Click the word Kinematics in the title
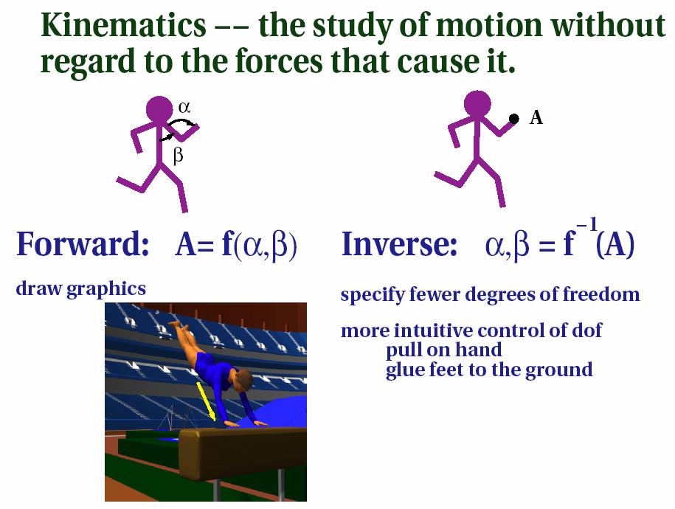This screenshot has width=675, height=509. click(123, 25)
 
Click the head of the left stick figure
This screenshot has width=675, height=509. click(159, 109)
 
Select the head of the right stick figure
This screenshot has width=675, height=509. click(477, 104)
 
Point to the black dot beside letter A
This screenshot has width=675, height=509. click(514, 119)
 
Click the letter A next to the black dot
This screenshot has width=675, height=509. click(536, 117)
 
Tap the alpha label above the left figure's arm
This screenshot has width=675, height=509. click(184, 107)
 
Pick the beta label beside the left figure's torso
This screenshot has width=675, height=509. click(178, 155)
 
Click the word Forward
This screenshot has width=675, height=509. click(83, 243)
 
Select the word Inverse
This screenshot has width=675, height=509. click(399, 243)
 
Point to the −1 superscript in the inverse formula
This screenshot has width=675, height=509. click(587, 225)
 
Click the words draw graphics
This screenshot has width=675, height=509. click(81, 289)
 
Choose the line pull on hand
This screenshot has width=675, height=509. click(444, 350)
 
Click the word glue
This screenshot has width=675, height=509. click(404, 370)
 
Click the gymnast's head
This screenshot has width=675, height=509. click(244, 380)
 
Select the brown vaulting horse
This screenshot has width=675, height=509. click(243, 449)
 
